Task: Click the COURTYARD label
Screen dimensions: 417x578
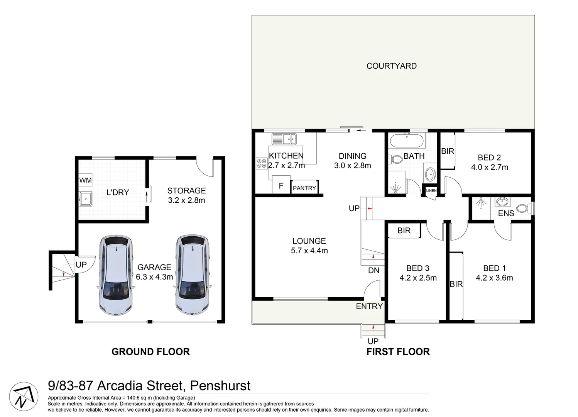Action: pos(391,66)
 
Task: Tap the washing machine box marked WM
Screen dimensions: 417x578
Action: pos(85,180)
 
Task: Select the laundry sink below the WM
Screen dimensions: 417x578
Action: pos(85,199)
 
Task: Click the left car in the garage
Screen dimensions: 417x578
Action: pos(116,275)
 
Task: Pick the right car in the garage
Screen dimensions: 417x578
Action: pos(192,275)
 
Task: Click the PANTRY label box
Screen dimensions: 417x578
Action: pos(304,188)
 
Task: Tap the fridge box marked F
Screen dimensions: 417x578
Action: pos(281,186)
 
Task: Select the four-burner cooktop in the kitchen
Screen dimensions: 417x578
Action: pos(262,163)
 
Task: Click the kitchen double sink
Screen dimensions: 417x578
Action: pos(284,139)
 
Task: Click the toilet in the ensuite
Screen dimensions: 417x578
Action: pos(523,208)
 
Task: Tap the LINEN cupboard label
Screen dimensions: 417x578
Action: pos(431,191)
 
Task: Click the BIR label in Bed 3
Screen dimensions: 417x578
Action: pos(404,231)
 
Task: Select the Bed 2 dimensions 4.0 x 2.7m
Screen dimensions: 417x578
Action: pos(489,167)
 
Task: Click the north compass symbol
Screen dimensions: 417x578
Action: pos(24,397)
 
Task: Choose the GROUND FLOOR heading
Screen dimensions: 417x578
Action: pos(150,351)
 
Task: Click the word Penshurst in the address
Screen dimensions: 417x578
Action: pos(220,385)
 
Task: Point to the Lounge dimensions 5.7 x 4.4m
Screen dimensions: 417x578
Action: pos(309,251)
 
